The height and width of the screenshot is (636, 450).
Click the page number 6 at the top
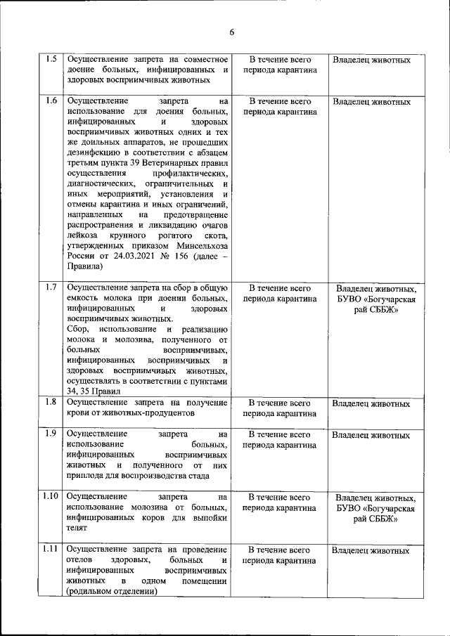click(x=231, y=31)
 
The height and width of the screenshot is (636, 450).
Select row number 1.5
click(x=51, y=59)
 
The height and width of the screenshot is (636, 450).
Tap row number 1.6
click(x=51, y=100)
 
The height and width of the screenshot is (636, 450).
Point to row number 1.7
click(x=51, y=287)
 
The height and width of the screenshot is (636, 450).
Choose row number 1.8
click(x=51, y=403)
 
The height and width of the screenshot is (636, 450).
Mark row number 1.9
click(x=51, y=434)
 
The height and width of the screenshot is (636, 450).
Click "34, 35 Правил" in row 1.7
click(x=94, y=391)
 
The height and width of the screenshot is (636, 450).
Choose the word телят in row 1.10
click(x=77, y=528)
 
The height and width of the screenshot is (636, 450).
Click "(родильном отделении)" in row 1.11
click(x=112, y=592)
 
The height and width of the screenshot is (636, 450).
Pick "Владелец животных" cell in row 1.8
click(x=371, y=404)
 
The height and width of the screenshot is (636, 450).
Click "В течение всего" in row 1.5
click(x=280, y=60)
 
